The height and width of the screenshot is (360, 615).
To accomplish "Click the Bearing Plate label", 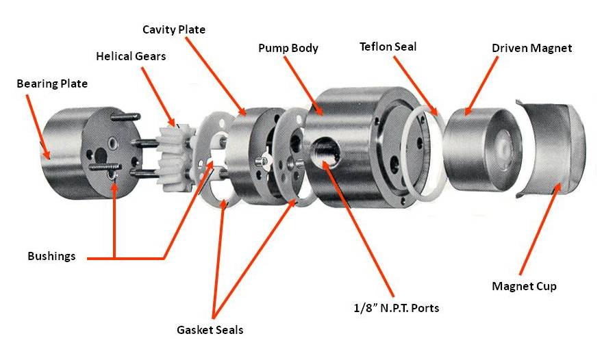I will (52, 84).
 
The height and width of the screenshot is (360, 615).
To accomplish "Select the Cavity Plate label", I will (173, 29).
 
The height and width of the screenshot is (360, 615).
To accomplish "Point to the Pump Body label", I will (288, 49).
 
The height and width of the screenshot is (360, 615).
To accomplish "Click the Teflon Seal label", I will (388, 47).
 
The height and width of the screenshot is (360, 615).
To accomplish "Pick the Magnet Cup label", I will (524, 286).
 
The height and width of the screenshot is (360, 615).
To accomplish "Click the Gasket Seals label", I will (210, 330).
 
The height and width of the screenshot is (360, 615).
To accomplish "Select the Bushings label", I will (51, 257).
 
